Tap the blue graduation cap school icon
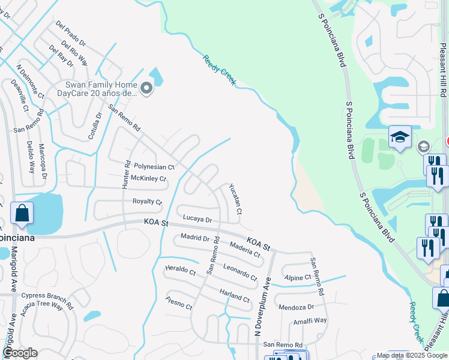(399, 137)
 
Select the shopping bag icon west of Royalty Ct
(22, 214)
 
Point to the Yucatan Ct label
(235, 199)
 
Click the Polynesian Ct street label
(154, 167)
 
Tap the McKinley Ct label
(148, 179)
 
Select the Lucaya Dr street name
(197, 220)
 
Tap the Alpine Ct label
(298, 278)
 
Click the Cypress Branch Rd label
(47, 296)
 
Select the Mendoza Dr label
(296, 307)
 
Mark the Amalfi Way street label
(310, 320)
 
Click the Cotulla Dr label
(95, 126)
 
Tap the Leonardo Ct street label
(240, 273)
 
